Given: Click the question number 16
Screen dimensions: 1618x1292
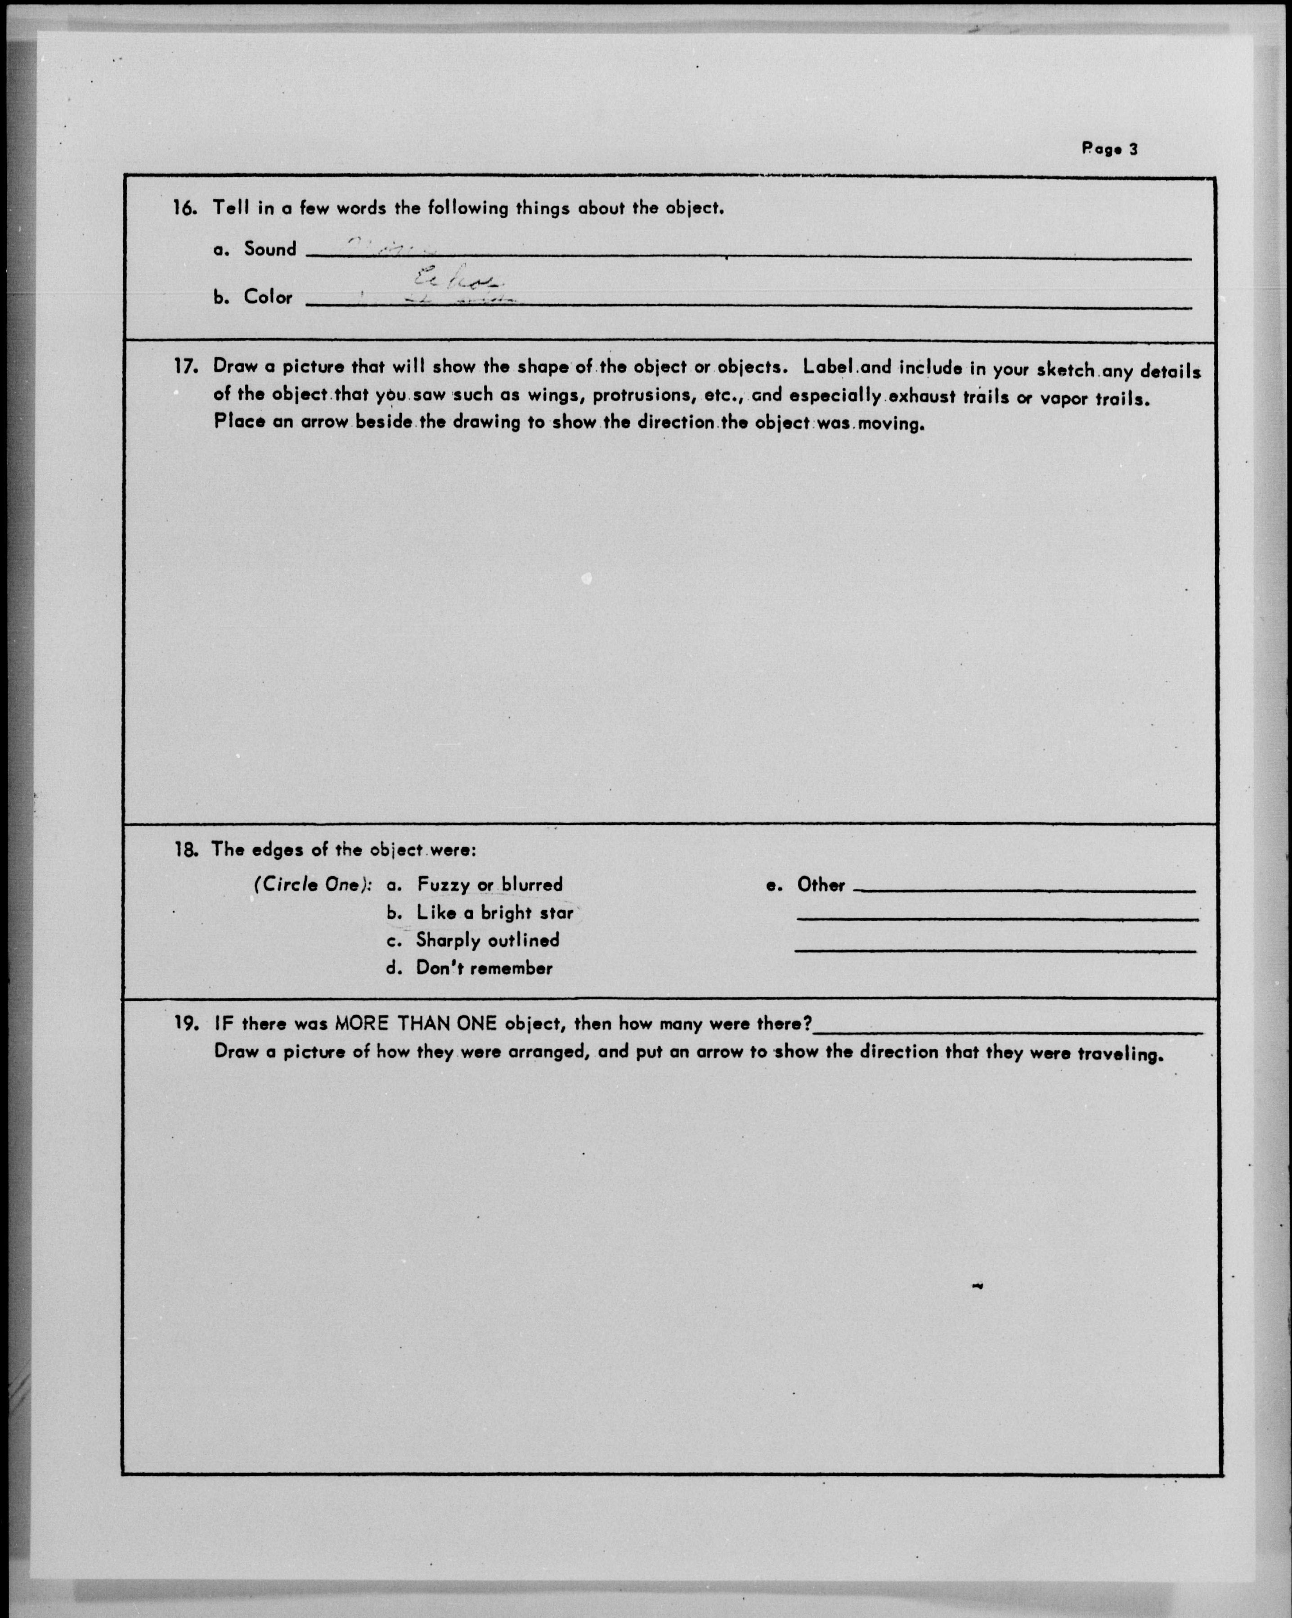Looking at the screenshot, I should click(x=184, y=208).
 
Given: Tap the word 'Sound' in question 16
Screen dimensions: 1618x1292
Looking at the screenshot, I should click(x=270, y=249).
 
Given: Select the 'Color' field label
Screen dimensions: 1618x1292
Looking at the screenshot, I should click(x=268, y=297).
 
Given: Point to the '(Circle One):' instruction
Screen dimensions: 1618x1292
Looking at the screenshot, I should click(x=313, y=884).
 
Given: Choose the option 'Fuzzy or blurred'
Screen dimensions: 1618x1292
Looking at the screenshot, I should click(x=489, y=885).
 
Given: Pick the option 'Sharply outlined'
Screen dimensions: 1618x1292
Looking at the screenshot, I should click(x=488, y=940).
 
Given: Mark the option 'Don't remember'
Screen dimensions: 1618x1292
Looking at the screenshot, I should click(x=484, y=968).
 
